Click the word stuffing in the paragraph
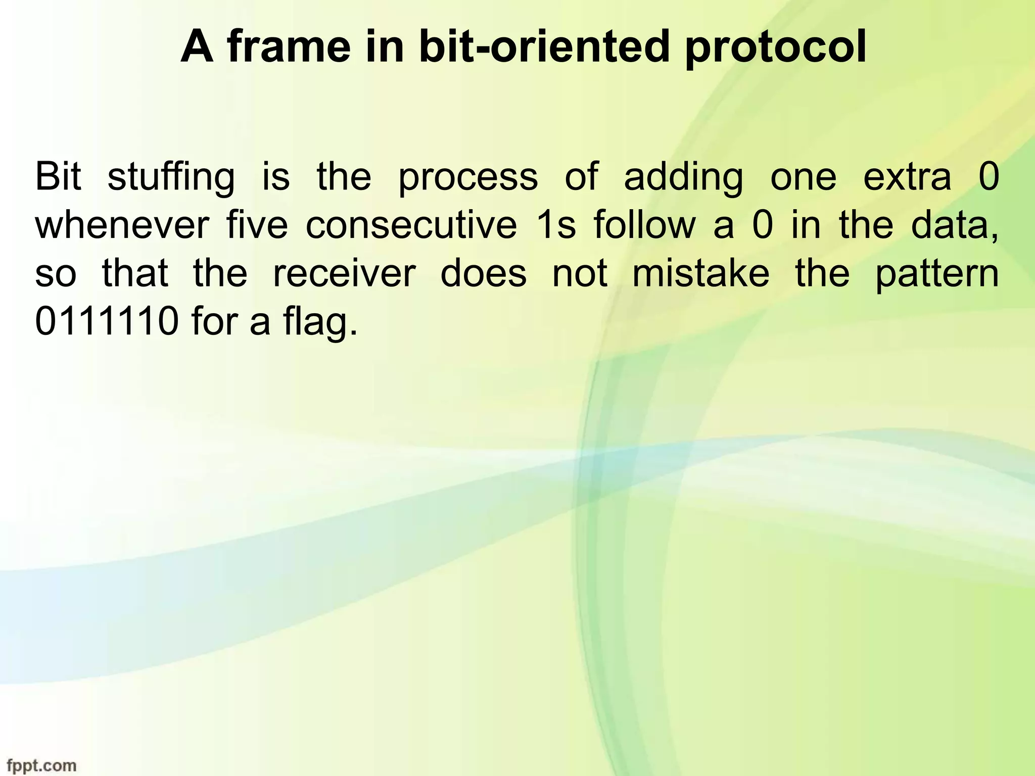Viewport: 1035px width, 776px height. (171, 178)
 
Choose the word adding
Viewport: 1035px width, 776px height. (683, 178)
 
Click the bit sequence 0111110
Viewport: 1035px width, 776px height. (107, 322)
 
